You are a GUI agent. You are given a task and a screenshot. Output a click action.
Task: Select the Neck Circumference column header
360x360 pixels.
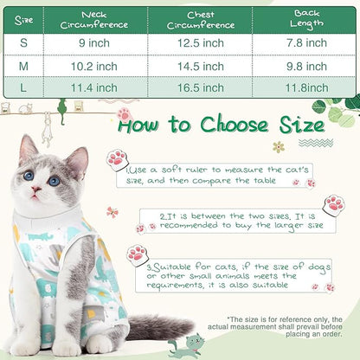[x=94, y=20]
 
